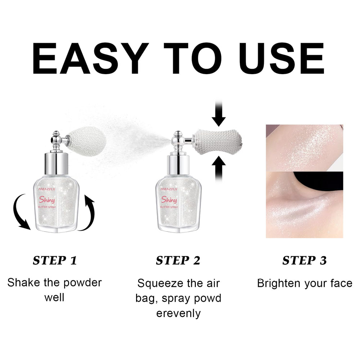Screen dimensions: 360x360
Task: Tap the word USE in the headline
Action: [x=282, y=58]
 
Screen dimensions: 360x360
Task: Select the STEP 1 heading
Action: [x=55, y=260]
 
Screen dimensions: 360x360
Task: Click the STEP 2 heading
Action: [x=178, y=260]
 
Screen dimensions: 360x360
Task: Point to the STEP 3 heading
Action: [x=305, y=260]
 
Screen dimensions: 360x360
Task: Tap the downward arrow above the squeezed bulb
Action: [x=219, y=114]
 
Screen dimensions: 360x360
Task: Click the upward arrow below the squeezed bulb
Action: [x=219, y=169]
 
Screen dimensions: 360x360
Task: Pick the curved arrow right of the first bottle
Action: [x=89, y=212]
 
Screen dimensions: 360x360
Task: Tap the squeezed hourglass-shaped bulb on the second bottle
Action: [x=218, y=141]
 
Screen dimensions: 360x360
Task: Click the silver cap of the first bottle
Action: [x=56, y=163]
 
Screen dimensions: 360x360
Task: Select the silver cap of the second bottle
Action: [x=179, y=165]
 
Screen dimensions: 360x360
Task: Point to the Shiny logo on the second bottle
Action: [x=169, y=200]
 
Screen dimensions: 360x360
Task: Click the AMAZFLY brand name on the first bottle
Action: [x=47, y=189]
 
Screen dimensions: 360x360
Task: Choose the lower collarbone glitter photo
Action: [x=305, y=204]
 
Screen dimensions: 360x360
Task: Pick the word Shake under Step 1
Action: [x=24, y=283]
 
